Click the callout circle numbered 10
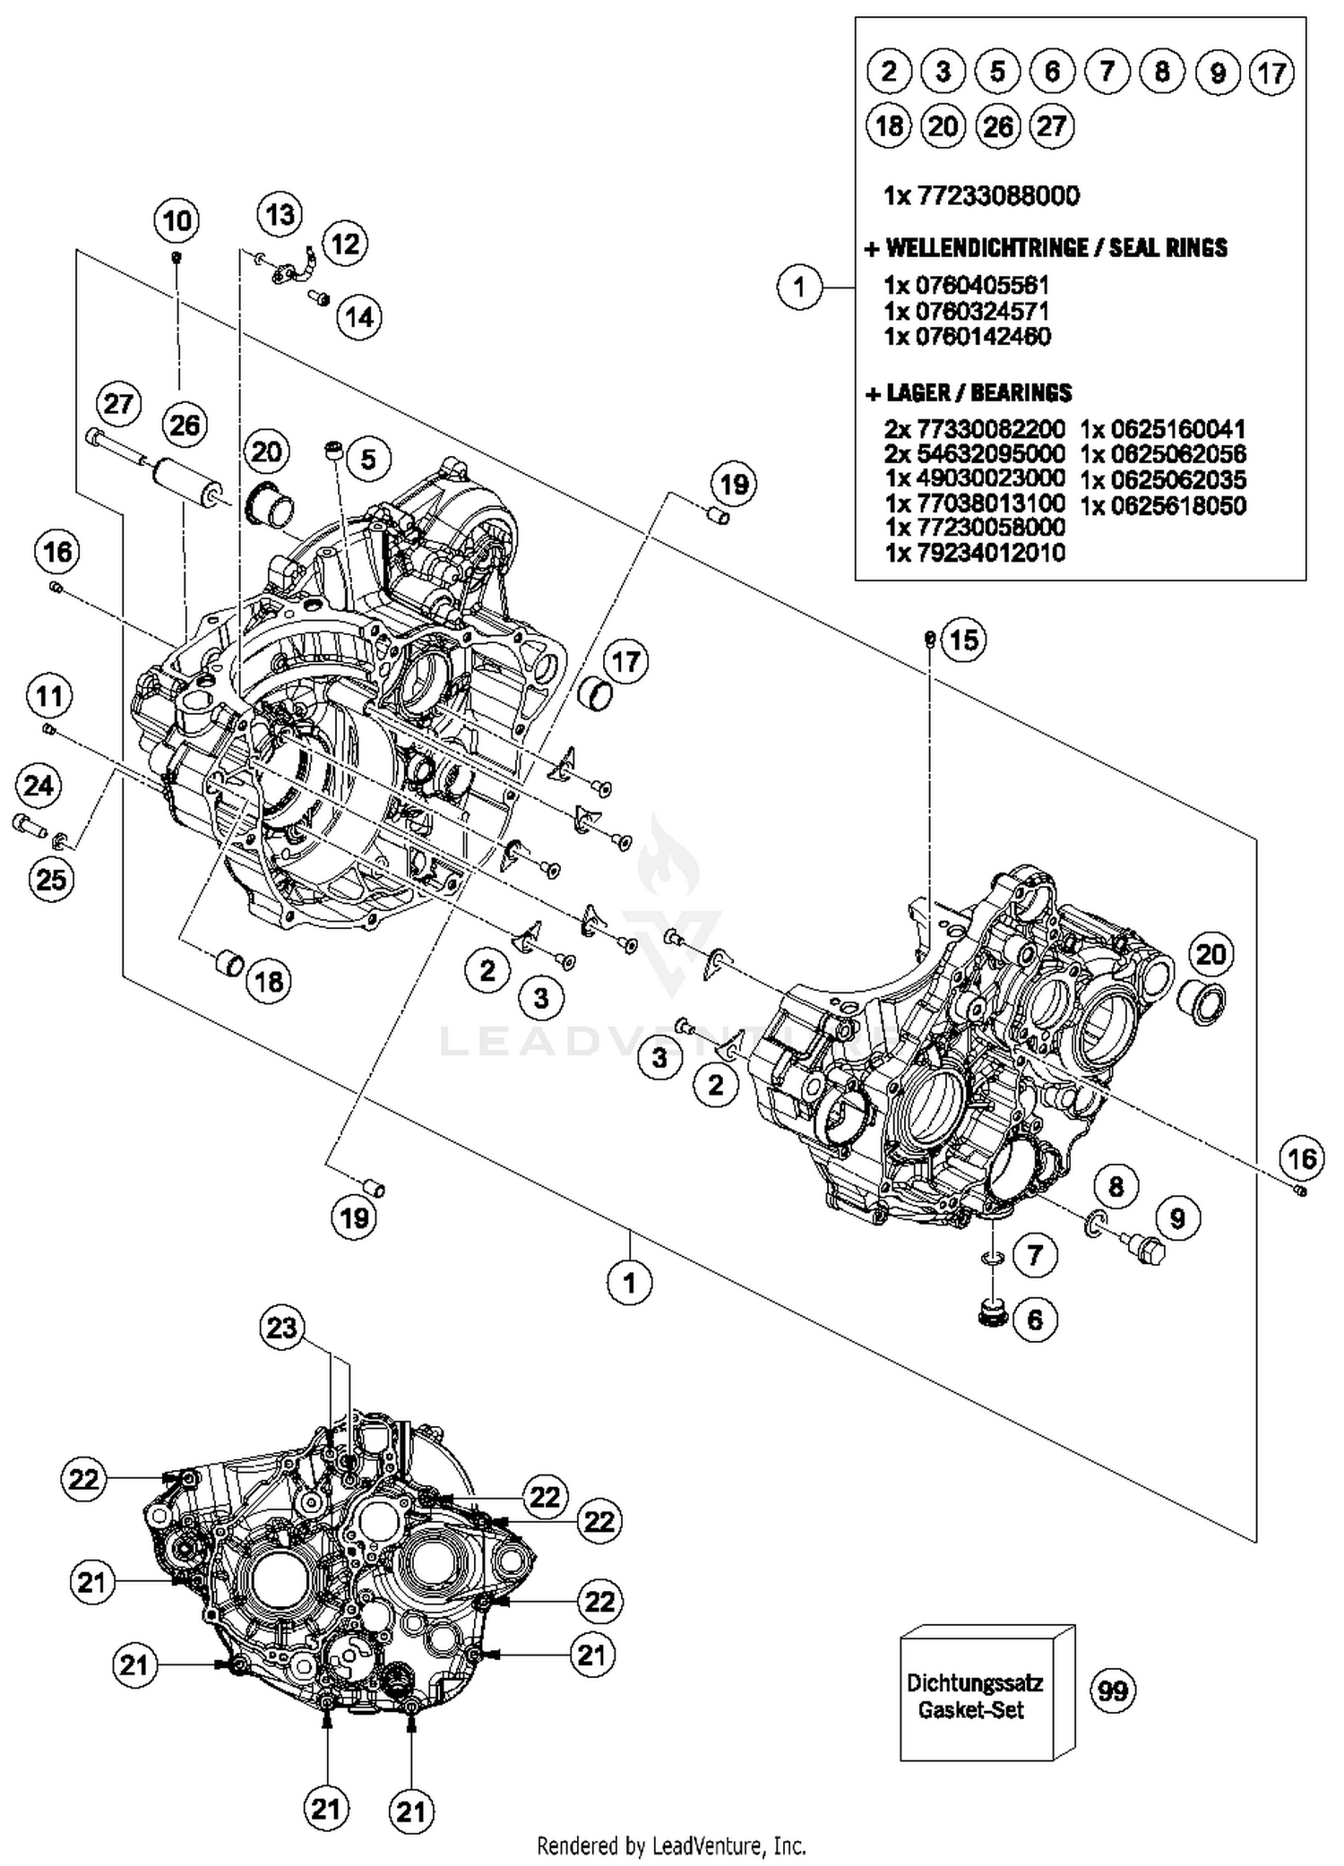[x=177, y=220]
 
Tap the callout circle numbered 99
[x=1112, y=1690]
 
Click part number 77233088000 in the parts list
[x=981, y=195]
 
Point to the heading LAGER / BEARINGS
[x=968, y=392]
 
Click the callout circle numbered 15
[x=963, y=640]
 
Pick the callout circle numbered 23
[x=281, y=1327]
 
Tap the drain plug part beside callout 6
[x=991, y=1314]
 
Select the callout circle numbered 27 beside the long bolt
[x=118, y=404]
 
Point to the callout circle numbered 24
[x=39, y=786]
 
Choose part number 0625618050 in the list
[x=1163, y=506]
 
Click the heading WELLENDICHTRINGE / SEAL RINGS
[x=1046, y=248]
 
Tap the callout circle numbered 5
[x=368, y=460]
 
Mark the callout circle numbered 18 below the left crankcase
[x=269, y=982]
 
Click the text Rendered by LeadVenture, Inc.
[x=671, y=1846]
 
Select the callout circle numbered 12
[x=345, y=243]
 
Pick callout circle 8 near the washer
[x=1116, y=1187]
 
